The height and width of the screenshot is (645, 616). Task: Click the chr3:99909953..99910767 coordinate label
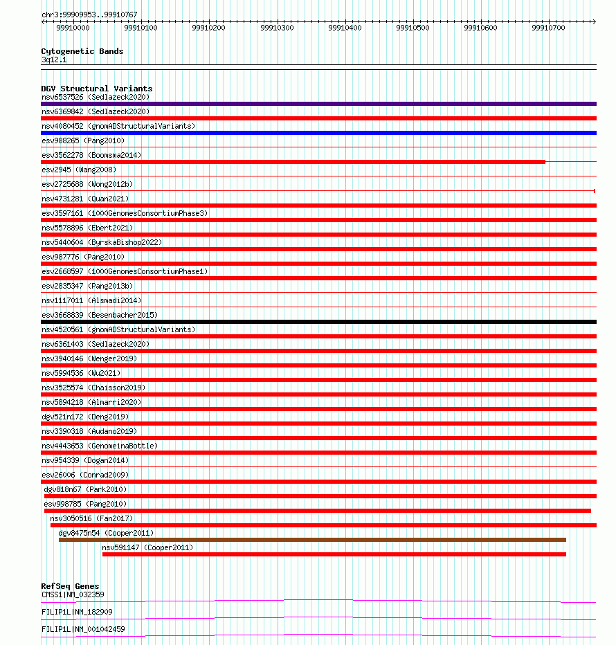pos(89,15)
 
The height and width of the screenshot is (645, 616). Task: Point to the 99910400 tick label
pos(345,28)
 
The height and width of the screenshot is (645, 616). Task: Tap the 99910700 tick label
pos(548,28)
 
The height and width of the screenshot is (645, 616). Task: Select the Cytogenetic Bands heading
pos(82,51)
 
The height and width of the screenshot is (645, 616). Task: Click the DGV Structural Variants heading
pos(96,89)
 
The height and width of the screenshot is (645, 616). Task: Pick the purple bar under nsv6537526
pos(318,104)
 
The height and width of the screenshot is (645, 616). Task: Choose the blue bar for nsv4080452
pos(318,133)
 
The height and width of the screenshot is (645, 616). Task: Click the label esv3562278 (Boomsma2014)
pos(91,155)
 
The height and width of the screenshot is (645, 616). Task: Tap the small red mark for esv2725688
pos(595,191)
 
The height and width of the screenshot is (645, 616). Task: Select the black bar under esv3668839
pos(318,322)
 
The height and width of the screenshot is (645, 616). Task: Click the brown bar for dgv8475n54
pos(312,540)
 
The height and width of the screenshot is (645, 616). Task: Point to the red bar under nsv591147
pos(334,554)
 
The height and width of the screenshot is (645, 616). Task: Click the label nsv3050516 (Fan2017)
pos(91,518)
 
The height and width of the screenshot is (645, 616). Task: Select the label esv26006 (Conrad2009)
pos(85,475)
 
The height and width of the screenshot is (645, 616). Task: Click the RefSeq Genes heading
pos(70,586)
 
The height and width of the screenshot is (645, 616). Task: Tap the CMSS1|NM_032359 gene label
pos(73,594)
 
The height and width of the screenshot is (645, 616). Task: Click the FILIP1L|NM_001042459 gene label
pos(83,629)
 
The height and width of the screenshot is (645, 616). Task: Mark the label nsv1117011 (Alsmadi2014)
pos(91,300)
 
